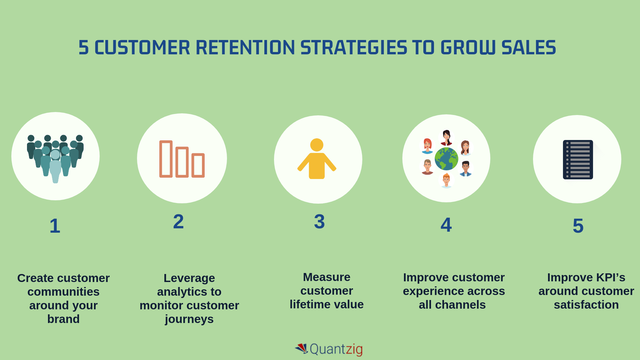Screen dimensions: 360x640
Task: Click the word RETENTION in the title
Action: tap(245, 48)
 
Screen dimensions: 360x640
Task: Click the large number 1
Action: tap(55, 226)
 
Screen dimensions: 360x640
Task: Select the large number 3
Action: tap(319, 222)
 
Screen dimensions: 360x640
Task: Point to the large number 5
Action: tap(578, 226)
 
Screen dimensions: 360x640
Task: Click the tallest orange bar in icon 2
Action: tap(166, 159)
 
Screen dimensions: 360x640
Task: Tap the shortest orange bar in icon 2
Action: tap(198, 165)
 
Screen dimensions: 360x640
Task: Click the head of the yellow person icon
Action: tap(317, 145)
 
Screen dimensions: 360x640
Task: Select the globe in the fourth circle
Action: tap(446, 159)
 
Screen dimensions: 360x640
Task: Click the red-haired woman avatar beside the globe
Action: tap(427, 146)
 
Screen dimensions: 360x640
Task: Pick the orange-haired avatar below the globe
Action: tap(446, 181)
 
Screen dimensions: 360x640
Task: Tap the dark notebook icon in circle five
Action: tap(578, 160)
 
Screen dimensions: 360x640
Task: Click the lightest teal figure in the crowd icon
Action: tap(55, 167)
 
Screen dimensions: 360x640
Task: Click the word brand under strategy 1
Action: tap(63, 319)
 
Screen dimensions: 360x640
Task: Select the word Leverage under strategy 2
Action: tap(189, 278)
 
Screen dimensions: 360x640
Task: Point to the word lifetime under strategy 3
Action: tap(310, 304)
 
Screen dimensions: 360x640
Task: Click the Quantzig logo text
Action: tap(336, 349)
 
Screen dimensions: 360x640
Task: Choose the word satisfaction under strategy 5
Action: tap(586, 305)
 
